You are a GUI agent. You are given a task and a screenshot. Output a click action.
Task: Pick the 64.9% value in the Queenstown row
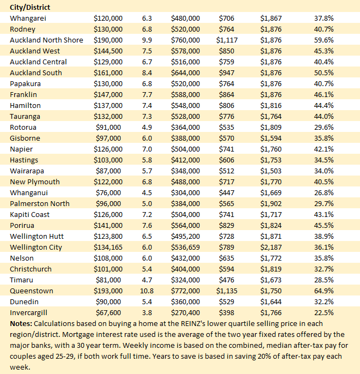[324, 291]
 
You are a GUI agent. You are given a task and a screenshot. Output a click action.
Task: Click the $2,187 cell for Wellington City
[271, 247]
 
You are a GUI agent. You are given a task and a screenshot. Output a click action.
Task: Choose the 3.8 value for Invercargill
[146, 312]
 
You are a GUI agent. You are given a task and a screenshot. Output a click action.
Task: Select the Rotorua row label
[24, 127]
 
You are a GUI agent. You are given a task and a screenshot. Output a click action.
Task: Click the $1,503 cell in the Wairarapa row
[271, 171]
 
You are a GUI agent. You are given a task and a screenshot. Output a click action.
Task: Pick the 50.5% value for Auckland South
[324, 73]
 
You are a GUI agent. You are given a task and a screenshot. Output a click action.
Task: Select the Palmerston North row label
[40, 203]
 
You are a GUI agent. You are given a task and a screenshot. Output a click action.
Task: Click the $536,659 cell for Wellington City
[185, 247]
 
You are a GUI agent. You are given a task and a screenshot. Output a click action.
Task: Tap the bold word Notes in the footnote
[21, 323]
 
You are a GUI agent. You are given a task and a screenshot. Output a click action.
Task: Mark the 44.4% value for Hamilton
[324, 105]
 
